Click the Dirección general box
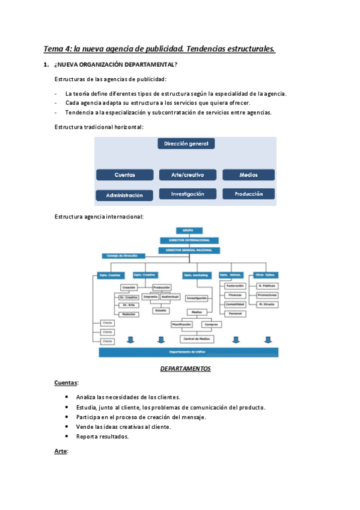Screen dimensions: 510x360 click(x=186, y=144)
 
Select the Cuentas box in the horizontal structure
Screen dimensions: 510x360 click(x=125, y=175)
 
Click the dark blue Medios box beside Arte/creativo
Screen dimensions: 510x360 click(x=248, y=175)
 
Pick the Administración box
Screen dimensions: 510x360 click(x=125, y=195)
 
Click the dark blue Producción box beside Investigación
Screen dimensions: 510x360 click(x=248, y=194)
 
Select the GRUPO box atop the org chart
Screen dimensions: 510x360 click(x=189, y=230)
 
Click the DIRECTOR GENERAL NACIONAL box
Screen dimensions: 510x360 click(x=189, y=250)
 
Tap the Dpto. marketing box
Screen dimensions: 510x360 click(x=196, y=275)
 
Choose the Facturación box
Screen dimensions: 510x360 click(x=235, y=286)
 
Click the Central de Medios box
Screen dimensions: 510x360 click(x=196, y=339)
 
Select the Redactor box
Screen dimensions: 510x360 click(x=128, y=314)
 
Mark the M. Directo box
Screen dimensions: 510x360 click(x=266, y=304)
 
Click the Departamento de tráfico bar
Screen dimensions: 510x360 click(x=188, y=352)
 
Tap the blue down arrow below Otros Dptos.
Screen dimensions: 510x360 click(x=266, y=340)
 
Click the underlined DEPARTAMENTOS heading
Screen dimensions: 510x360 click(x=185, y=369)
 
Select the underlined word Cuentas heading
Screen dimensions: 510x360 click(x=66, y=382)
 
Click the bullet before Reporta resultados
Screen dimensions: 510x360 click(x=66, y=437)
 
